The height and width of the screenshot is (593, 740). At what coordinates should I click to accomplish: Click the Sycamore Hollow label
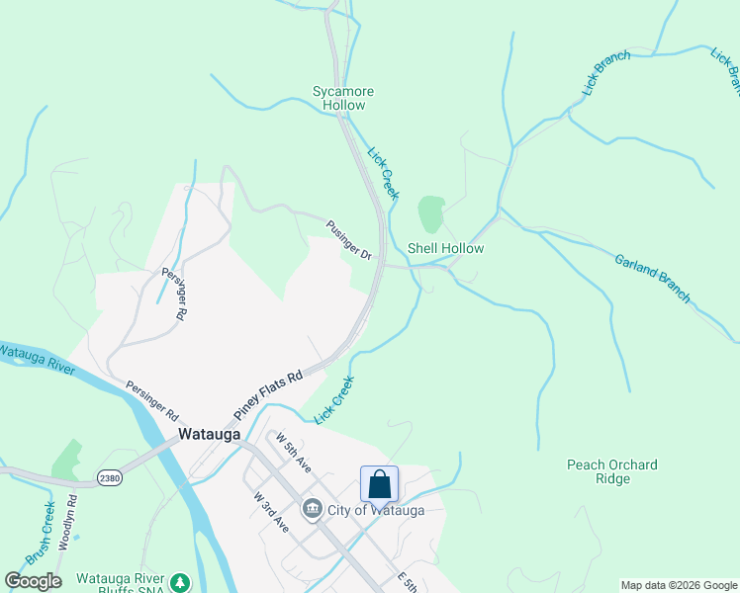(x=339, y=98)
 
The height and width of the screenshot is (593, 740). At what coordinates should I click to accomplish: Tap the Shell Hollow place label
(x=446, y=248)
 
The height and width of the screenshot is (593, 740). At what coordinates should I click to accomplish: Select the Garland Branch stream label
(x=652, y=278)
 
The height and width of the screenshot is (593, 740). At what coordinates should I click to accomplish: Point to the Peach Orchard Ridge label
(x=612, y=471)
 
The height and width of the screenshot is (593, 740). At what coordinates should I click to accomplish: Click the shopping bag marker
(x=379, y=484)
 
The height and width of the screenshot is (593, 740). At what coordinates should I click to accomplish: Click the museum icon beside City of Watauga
(x=313, y=509)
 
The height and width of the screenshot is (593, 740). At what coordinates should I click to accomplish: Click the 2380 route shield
(x=110, y=478)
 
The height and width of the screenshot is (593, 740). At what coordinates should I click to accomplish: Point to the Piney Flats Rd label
(x=267, y=392)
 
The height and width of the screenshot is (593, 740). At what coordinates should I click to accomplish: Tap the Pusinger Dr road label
(x=348, y=241)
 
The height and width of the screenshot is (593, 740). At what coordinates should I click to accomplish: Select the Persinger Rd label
(x=150, y=399)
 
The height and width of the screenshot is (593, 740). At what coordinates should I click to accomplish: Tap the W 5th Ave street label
(x=294, y=452)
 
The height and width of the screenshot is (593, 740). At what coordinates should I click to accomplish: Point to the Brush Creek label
(x=41, y=535)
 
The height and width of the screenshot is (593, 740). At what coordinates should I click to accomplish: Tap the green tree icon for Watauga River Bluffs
(x=179, y=582)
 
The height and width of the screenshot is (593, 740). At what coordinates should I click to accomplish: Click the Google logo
(x=33, y=581)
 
